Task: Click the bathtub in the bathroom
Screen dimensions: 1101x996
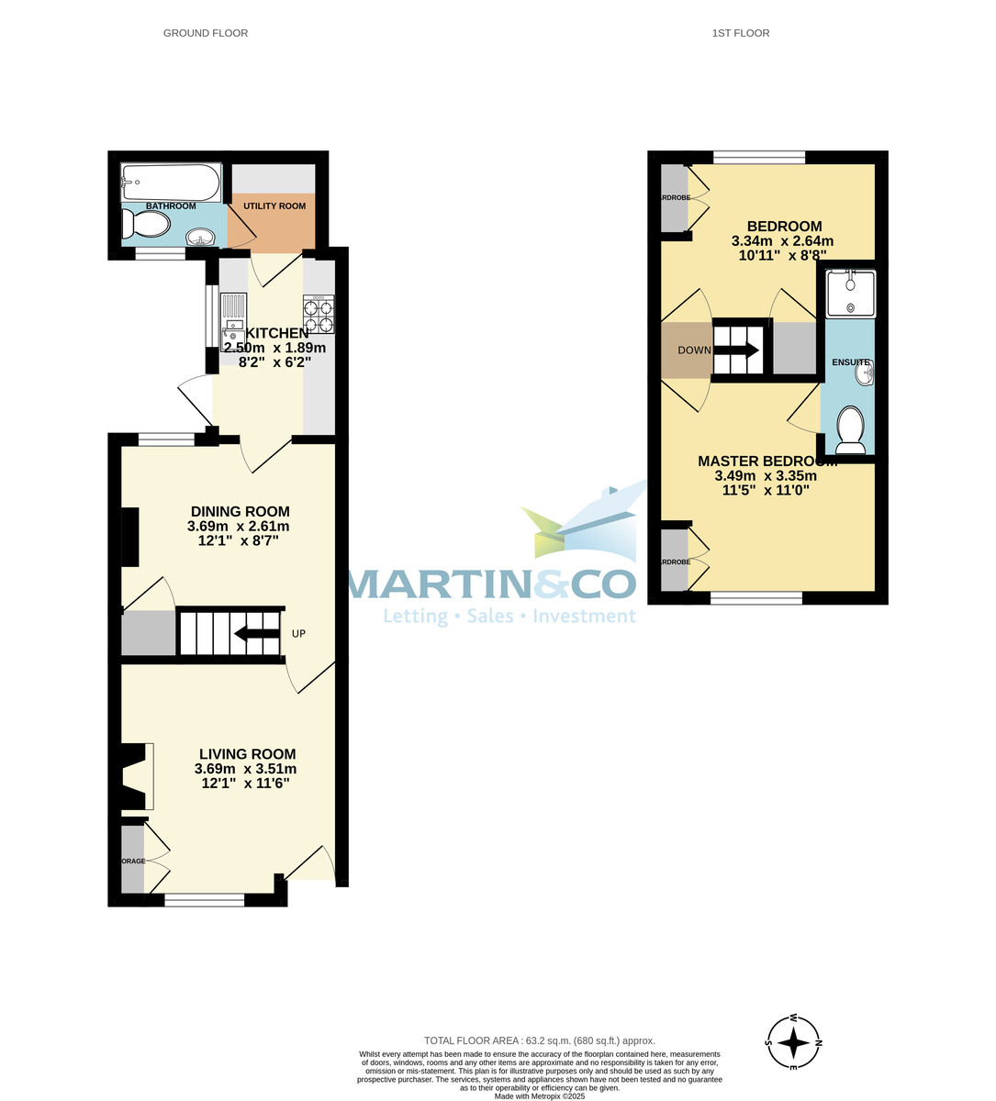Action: coord(171,182)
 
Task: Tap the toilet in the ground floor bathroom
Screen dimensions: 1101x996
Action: coord(147,224)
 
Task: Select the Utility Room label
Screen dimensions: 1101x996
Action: coord(274,206)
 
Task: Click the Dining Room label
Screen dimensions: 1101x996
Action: coord(240,512)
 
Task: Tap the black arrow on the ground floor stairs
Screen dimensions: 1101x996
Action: coord(256,633)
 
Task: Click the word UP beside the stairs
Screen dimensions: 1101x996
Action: coord(298,634)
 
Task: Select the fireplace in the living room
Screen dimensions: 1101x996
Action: coord(132,778)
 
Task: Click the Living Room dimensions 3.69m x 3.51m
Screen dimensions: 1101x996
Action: coord(245,769)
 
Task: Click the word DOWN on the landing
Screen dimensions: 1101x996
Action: coord(694,350)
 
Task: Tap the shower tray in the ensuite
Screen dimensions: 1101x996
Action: coord(851,293)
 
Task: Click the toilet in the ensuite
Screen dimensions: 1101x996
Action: coord(851,430)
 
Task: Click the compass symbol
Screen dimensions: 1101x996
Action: coord(793,1043)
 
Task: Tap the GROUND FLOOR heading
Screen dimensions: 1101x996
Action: coord(206,33)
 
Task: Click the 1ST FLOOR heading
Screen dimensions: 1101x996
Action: coord(740,33)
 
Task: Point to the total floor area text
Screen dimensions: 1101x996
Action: coord(539,1040)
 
